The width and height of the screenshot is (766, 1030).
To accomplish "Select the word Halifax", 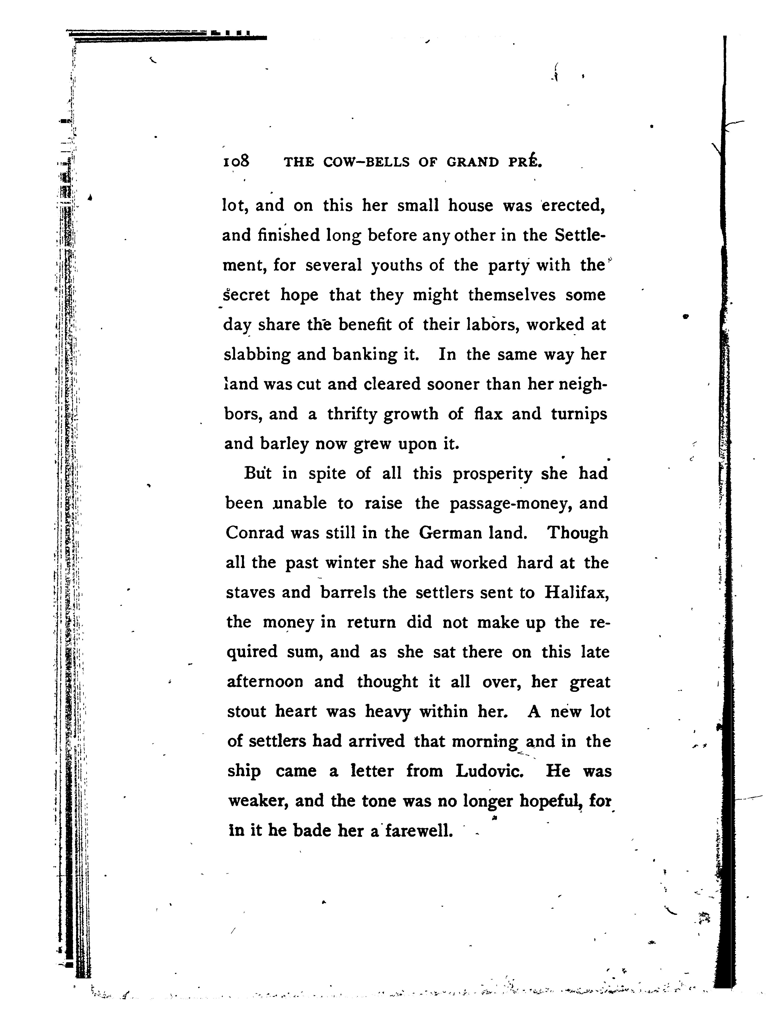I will (x=576, y=593).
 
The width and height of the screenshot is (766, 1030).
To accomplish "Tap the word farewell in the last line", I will (x=418, y=831).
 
